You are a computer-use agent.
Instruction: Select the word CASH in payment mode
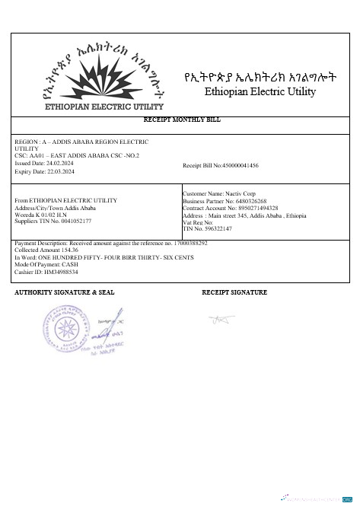(67, 263)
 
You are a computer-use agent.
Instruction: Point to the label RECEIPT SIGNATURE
(234, 292)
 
